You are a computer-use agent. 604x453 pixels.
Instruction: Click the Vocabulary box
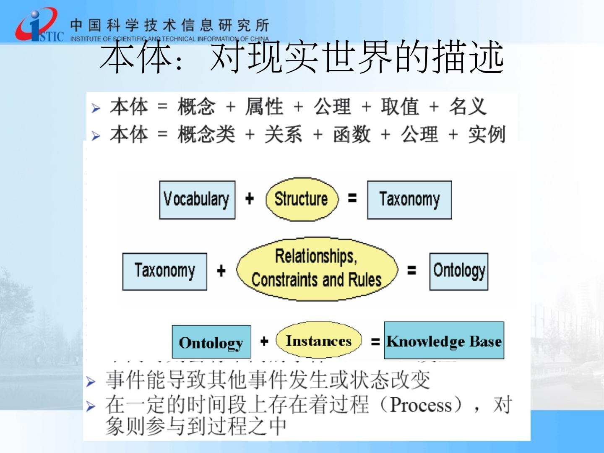tap(197, 200)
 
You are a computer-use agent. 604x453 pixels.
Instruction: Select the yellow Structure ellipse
tap(301, 199)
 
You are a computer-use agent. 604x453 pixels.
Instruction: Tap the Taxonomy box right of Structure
tap(409, 200)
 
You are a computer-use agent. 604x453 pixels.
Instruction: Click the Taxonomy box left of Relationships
tap(164, 271)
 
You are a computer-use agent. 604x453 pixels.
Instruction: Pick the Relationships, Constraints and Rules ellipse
tap(316, 268)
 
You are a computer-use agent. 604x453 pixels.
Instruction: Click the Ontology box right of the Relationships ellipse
tap(459, 271)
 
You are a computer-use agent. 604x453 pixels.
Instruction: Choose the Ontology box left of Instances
tap(211, 342)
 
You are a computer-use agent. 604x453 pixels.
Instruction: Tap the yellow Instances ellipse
tap(318, 341)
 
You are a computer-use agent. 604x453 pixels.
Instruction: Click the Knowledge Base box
tap(444, 340)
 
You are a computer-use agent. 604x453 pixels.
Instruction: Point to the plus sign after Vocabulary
tap(250, 198)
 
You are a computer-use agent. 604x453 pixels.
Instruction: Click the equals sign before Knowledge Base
tap(375, 342)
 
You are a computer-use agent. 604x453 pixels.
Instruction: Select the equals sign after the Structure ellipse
tap(352, 198)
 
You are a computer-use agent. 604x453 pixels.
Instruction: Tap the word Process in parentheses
tap(421, 405)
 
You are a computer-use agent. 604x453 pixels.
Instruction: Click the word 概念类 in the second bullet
tap(206, 135)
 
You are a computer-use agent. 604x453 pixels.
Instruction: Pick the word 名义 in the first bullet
tap(468, 107)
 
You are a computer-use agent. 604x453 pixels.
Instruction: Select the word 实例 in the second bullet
tap(487, 135)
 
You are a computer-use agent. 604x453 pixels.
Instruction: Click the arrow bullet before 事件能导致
tap(91, 381)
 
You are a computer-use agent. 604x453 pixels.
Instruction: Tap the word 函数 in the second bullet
tap(351, 135)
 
